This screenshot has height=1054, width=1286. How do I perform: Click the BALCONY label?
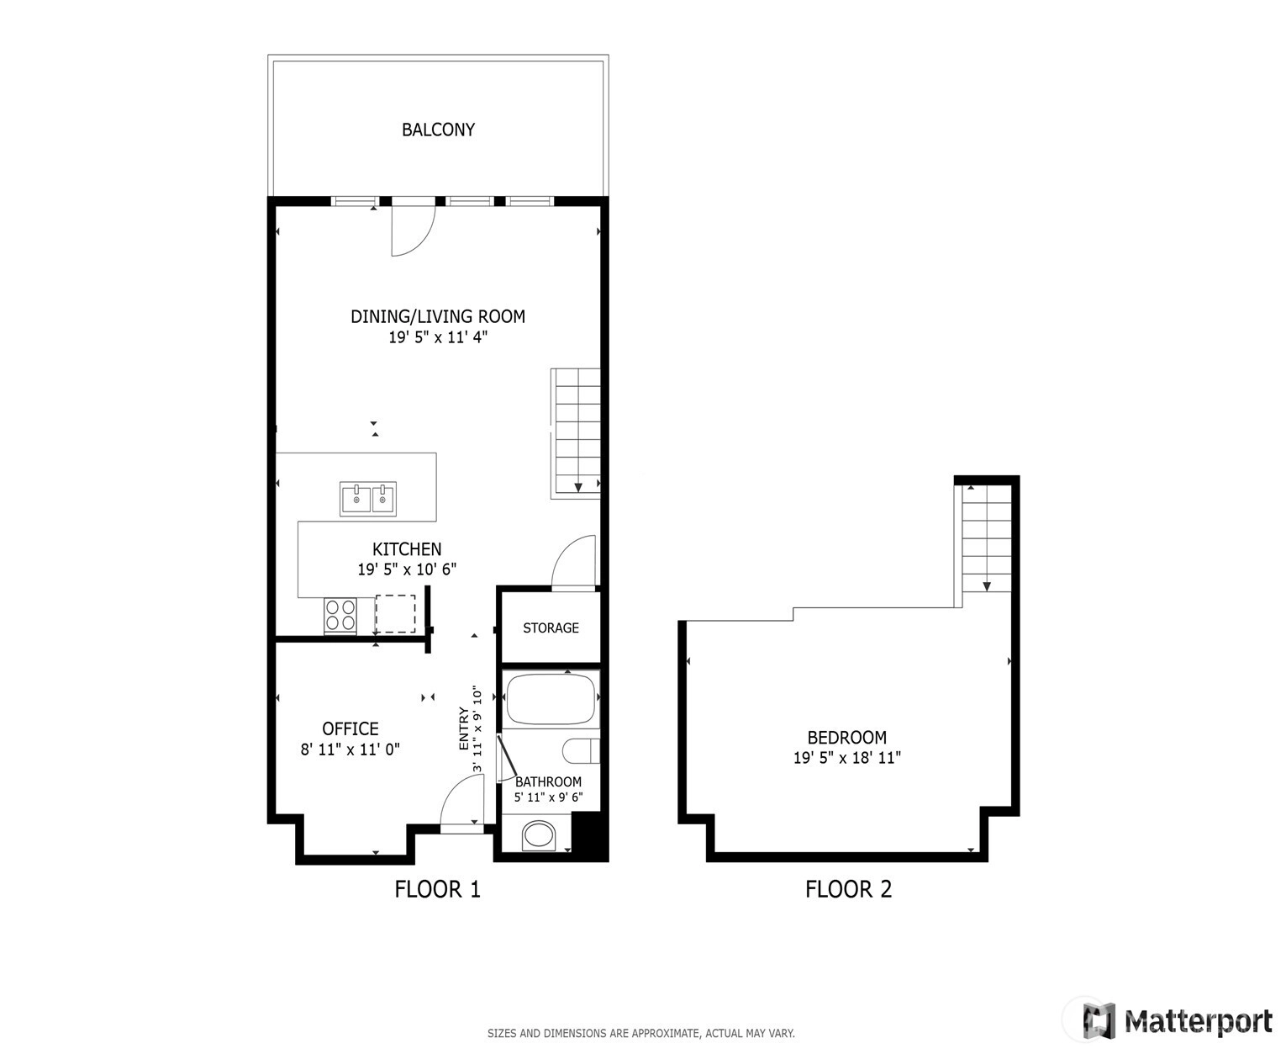click(438, 130)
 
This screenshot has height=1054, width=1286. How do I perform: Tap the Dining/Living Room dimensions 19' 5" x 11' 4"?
click(438, 336)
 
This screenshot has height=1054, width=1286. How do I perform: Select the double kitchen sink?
click(367, 499)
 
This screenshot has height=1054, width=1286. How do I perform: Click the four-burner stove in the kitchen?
click(340, 615)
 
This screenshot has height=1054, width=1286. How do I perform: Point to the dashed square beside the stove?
click(395, 614)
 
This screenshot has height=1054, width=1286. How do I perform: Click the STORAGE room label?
click(551, 628)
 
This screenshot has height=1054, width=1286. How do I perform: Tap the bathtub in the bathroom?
click(551, 699)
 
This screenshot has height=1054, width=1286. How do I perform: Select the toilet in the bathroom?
click(581, 751)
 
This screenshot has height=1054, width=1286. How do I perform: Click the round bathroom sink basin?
click(539, 834)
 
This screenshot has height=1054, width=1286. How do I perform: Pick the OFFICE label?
click(350, 728)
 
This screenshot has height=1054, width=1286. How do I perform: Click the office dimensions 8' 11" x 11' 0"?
click(350, 749)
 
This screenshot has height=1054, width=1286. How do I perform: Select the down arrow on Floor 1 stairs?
click(578, 487)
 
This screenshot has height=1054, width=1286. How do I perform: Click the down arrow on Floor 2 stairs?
click(987, 586)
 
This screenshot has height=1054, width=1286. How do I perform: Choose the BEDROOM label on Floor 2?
click(846, 737)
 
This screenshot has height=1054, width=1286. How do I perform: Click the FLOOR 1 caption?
click(437, 889)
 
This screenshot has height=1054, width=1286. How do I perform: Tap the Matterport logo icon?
click(1099, 1021)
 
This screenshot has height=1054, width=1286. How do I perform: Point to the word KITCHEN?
click(407, 548)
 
